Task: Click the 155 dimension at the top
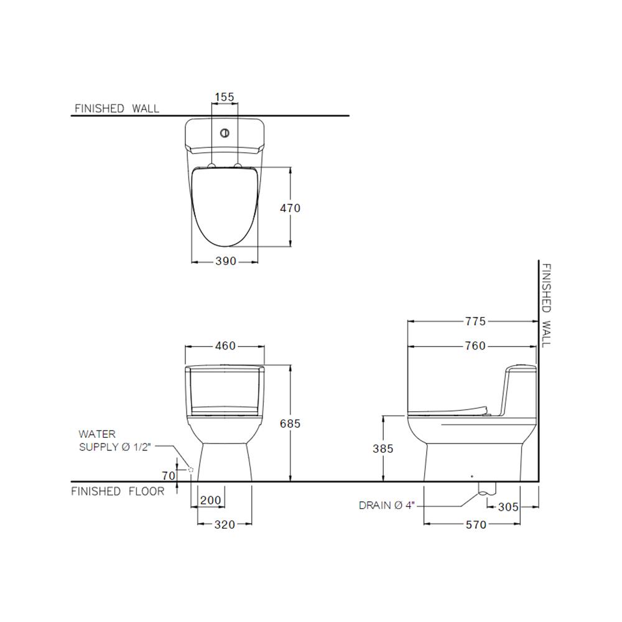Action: coord(225,97)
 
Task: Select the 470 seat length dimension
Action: coord(289,208)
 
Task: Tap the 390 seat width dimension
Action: coord(225,261)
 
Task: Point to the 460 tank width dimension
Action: coord(225,346)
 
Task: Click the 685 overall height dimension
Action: coord(289,424)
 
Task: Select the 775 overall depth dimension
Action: coord(475,322)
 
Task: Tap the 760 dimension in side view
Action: coord(475,346)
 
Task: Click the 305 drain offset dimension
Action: coord(508,507)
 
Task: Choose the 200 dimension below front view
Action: coord(210,501)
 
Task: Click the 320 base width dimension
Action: coord(224,525)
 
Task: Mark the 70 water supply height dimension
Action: coord(168,476)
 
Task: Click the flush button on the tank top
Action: coord(225,132)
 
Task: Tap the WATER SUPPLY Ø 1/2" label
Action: coord(115,440)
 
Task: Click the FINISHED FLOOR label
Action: coord(118,491)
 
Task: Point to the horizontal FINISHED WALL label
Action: coord(117,108)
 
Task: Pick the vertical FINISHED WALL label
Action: coord(545,305)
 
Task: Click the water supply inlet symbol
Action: coord(191,470)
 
